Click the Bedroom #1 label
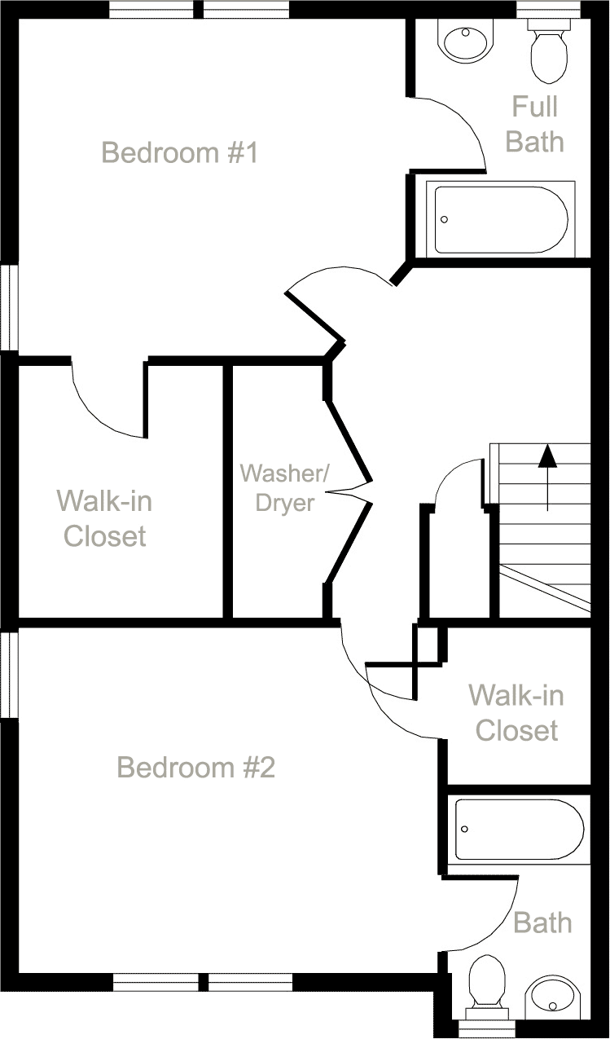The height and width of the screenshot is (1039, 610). (179, 152)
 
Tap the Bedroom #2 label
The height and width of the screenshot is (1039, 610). (195, 767)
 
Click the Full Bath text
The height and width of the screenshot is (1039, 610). (534, 124)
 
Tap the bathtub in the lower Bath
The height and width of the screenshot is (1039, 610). (519, 830)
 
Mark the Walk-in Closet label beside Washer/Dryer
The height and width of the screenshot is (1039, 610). (104, 518)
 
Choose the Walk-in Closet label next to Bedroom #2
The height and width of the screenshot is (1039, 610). (516, 712)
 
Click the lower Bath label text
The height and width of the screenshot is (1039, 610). (542, 922)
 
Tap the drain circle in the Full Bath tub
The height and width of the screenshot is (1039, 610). (445, 219)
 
